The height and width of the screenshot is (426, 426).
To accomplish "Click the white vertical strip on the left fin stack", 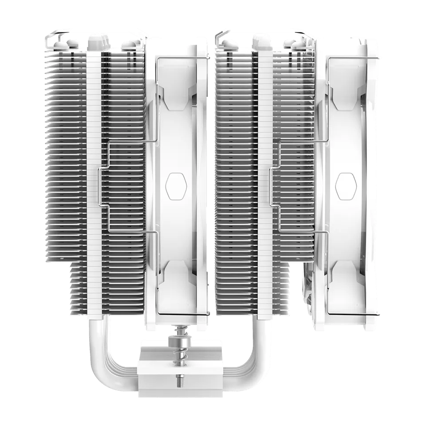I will [94, 177].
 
